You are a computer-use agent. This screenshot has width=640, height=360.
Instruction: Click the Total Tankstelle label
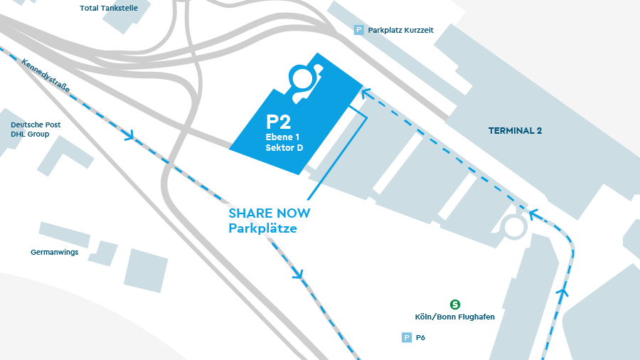click(x=109, y=9)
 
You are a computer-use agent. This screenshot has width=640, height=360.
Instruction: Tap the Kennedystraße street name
click(x=46, y=76)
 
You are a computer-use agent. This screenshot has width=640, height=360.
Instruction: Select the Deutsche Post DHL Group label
click(x=36, y=129)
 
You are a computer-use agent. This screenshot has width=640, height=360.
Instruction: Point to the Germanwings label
click(x=55, y=253)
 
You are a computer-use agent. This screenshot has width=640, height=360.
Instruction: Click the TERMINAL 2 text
click(x=515, y=131)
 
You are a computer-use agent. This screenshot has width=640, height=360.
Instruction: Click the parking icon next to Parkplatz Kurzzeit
click(x=359, y=30)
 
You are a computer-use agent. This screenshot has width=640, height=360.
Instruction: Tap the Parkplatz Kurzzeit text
click(x=400, y=31)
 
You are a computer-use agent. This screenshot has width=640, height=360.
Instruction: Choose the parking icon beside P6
click(x=407, y=338)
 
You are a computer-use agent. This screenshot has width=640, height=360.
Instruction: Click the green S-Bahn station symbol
click(x=455, y=305)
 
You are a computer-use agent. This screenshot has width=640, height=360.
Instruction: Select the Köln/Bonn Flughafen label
click(x=454, y=317)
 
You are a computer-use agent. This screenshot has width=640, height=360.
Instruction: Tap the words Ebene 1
click(x=282, y=136)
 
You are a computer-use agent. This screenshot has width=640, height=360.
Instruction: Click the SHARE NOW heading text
click(x=269, y=213)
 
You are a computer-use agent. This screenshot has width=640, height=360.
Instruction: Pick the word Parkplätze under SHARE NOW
click(x=262, y=228)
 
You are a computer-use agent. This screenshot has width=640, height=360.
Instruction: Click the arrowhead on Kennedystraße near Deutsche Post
click(x=129, y=135)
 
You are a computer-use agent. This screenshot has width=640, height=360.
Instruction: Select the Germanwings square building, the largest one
click(x=146, y=270)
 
